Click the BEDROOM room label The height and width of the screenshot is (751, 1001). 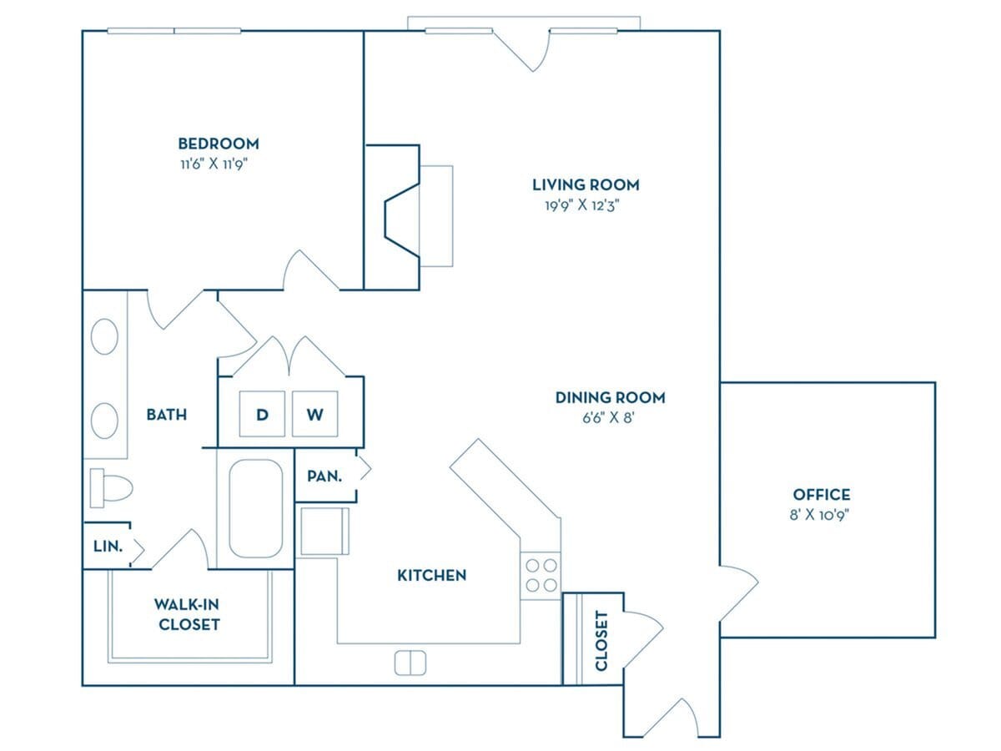point(218,144)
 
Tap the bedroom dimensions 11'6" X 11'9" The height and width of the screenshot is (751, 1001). point(215,164)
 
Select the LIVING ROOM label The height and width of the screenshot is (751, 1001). point(586,184)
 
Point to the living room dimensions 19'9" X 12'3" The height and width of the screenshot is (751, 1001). point(581,205)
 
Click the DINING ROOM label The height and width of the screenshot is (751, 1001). point(610,397)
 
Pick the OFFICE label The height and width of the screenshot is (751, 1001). point(821,495)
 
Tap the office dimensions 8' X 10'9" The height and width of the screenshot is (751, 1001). point(820,515)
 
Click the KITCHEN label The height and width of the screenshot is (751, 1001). point(431,575)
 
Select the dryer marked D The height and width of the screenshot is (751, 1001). point(262,414)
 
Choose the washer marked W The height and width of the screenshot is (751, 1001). point(314,414)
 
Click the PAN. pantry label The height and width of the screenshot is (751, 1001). point(324,476)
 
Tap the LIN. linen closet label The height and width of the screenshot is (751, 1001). point(108,547)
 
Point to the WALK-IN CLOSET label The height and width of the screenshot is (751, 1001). point(187,614)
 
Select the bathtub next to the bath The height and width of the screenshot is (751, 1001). point(254,508)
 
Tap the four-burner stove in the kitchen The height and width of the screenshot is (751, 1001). point(541,575)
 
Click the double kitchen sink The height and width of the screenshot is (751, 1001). point(410,663)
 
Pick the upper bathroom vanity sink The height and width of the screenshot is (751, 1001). point(104,337)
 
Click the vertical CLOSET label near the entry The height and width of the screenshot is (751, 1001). point(601,641)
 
